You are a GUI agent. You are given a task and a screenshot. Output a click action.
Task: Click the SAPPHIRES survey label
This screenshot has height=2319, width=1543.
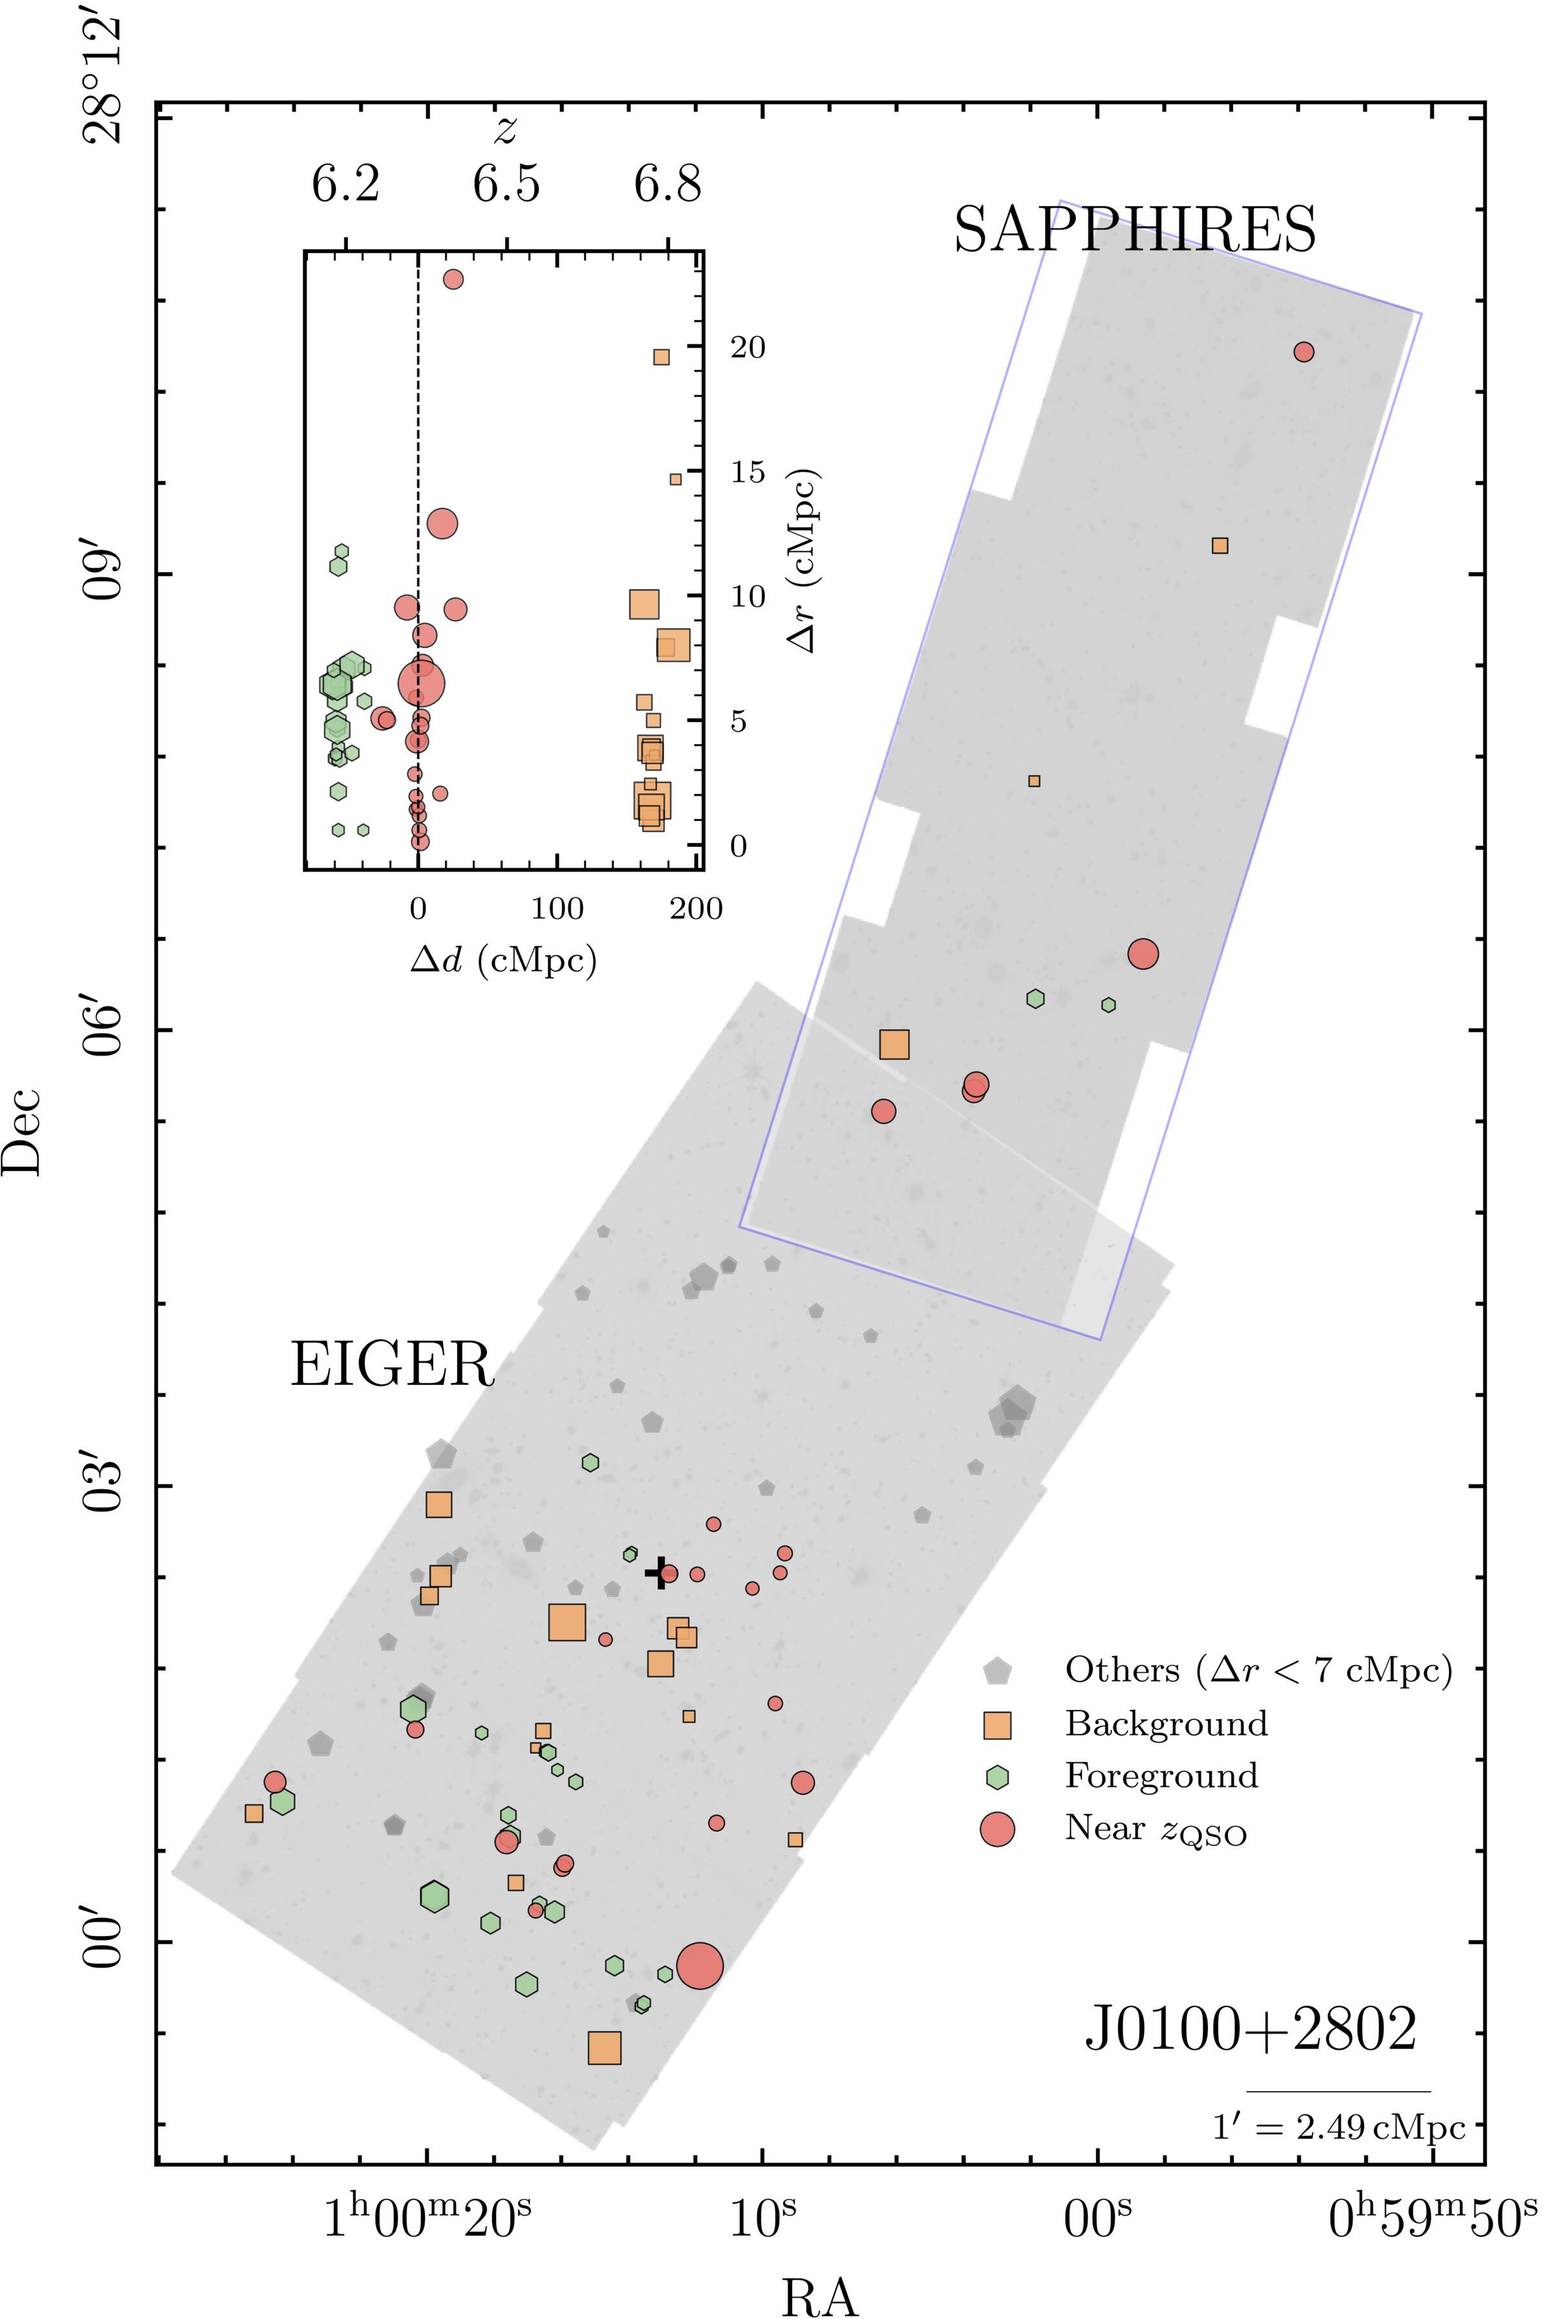tap(1134, 231)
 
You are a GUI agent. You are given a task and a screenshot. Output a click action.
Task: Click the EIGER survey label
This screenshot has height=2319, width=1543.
tap(392, 1366)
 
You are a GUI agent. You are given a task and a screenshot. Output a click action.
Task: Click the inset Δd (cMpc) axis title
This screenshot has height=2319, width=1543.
tap(504, 960)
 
